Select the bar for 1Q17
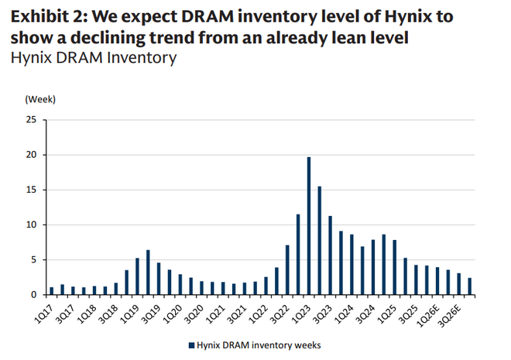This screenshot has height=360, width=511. click(x=52, y=290)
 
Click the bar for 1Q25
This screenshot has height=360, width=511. click(x=394, y=267)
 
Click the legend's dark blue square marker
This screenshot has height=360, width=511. click(x=190, y=345)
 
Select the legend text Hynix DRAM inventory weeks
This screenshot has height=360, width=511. click(x=259, y=345)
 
